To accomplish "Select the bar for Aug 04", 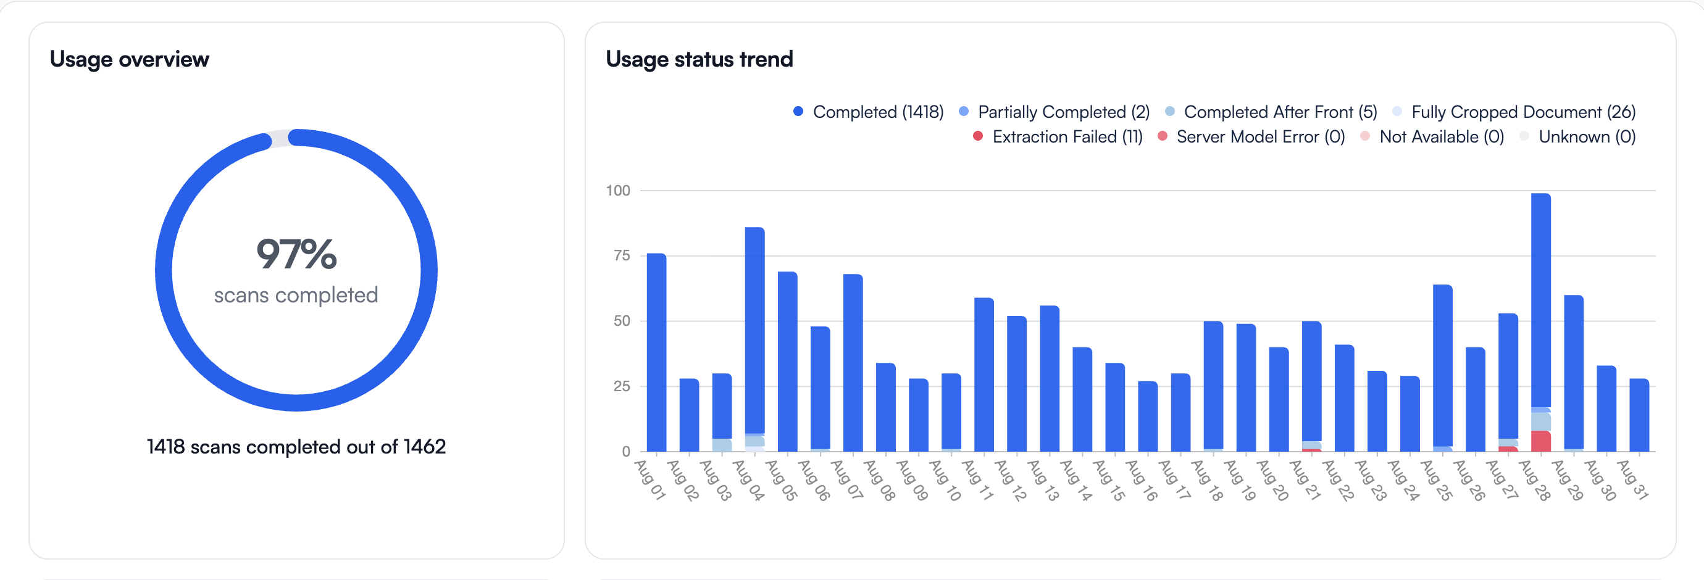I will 754,331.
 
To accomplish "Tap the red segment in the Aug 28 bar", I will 1540,442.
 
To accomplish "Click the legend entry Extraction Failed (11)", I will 1058,137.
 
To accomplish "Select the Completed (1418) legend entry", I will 869,112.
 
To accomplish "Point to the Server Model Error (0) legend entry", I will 1251,137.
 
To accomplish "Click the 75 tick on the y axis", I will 621,255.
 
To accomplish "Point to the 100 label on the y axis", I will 618,191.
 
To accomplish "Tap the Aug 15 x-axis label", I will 1109,480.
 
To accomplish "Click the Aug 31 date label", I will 1632,480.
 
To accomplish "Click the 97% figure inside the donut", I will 296,255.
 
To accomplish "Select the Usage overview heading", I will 130,59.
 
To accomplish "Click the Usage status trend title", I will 699,59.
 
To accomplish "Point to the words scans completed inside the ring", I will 296,295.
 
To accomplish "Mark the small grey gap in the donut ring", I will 280,139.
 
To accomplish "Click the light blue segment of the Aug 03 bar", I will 722,445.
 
